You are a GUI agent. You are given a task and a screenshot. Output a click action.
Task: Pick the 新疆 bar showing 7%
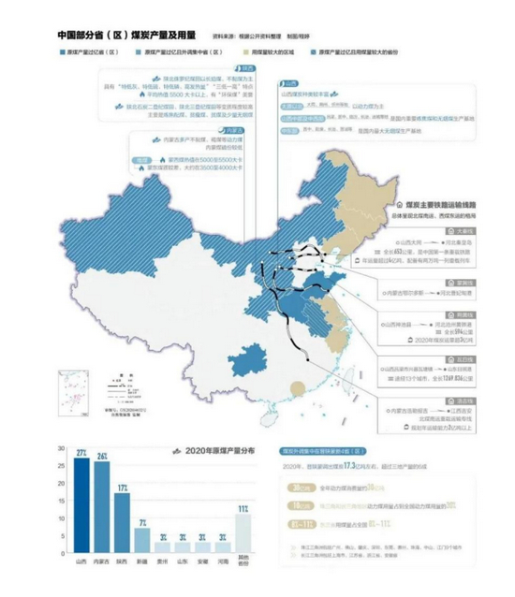coord(142,543)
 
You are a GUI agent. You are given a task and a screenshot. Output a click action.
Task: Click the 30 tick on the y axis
coord(62,451)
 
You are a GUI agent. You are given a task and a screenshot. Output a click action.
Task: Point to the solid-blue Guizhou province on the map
coord(248,357)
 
